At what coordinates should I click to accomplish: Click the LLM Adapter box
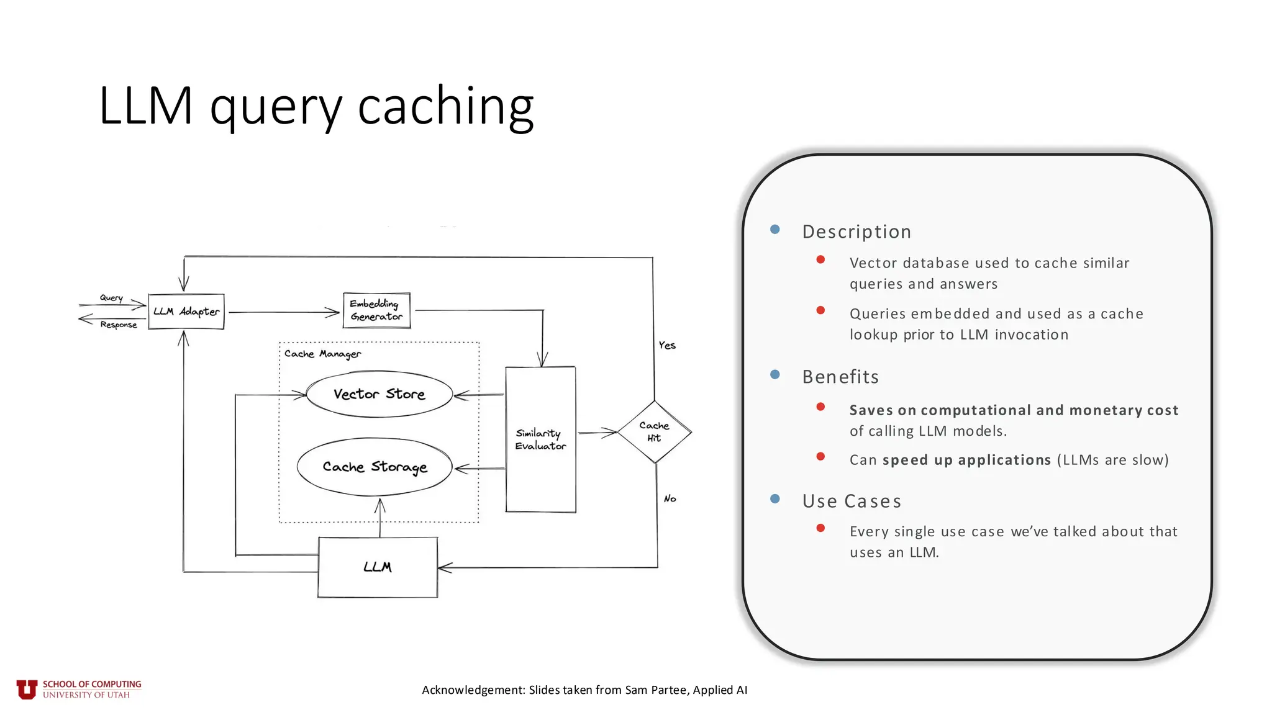(x=186, y=312)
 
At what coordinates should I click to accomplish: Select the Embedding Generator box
(x=376, y=310)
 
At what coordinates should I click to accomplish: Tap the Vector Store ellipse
(x=379, y=394)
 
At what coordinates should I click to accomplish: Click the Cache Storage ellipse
(x=375, y=467)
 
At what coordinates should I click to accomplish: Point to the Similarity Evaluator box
(x=540, y=439)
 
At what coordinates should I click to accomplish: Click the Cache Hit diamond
(x=654, y=432)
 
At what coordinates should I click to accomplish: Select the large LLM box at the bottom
(x=378, y=567)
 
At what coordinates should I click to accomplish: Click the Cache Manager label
(x=322, y=354)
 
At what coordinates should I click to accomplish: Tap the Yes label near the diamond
(x=667, y=345)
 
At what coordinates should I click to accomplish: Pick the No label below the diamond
(x=670, y=498)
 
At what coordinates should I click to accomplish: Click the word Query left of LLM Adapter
(x=111, y=298)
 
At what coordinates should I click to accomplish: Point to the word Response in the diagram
(x=118, y=325)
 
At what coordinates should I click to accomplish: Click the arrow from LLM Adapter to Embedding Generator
(x=283, y=312)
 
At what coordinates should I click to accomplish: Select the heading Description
(x=856, y=232)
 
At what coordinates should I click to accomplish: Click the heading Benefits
(x=840, y=377)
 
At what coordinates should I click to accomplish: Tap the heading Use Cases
(x=852, y=501)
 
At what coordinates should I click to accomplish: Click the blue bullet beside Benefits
(x=775, y=374)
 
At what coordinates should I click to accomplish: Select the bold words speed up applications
(x=966, y=460)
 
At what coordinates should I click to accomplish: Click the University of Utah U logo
(x=27, y=689)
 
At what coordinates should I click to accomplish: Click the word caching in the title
(x=445, y=106)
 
